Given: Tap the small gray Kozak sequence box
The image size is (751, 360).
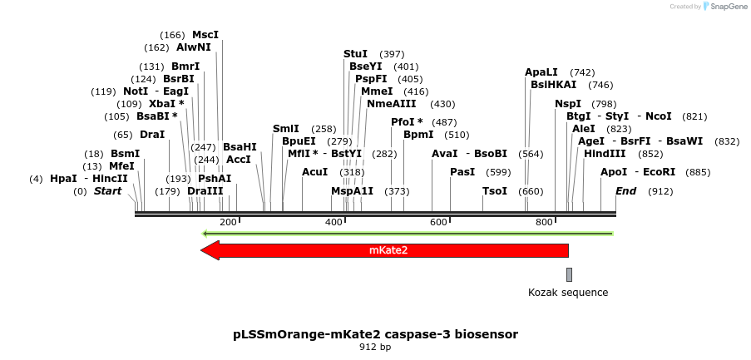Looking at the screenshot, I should [569, 274].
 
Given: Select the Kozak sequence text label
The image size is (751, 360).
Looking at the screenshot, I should [568, 293].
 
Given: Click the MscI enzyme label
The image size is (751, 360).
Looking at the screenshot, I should [205, 35].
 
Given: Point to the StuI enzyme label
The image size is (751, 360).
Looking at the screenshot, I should [355, 54].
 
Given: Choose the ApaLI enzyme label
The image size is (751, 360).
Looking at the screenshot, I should [541, 72].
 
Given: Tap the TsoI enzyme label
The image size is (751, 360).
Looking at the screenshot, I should [495, 191].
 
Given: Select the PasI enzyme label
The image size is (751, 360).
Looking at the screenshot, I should [462, 172].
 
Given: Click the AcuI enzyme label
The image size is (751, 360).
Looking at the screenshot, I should [314, 172].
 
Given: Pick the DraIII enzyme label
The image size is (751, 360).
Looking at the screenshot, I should [205, 191].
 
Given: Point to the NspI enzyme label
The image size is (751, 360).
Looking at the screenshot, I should [568, 104].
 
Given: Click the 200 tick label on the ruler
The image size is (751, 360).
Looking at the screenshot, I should [228, 222].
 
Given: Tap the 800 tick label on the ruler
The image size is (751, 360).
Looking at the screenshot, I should [544, 222].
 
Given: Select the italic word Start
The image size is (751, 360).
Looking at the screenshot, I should [107, 191].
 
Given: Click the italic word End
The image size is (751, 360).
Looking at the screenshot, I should [625, 191].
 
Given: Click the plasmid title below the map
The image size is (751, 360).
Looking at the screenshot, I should [375, 334].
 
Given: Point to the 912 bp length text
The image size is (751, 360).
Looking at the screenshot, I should [375, 348].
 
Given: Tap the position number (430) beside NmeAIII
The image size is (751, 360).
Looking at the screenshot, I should [442, 104].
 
